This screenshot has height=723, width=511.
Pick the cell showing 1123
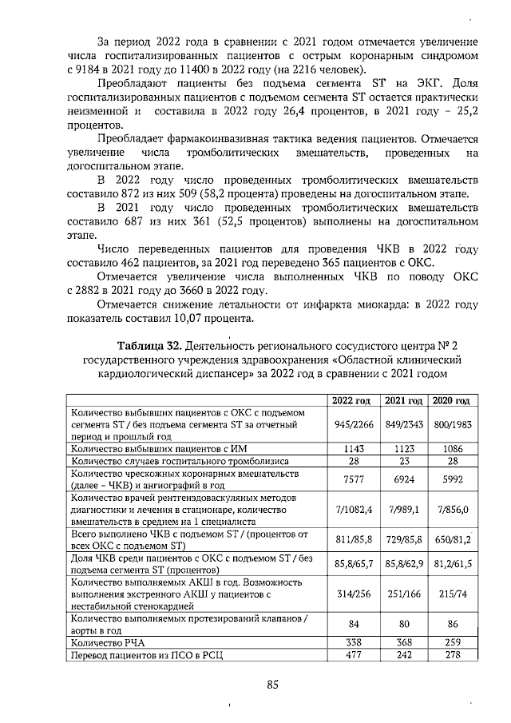[404, 450]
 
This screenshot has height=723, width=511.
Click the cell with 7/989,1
[404, 508]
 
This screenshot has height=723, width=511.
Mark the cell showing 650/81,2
[452, 541]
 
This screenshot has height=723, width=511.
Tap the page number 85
[271, 685]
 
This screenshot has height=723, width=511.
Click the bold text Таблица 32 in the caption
[150, 345]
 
